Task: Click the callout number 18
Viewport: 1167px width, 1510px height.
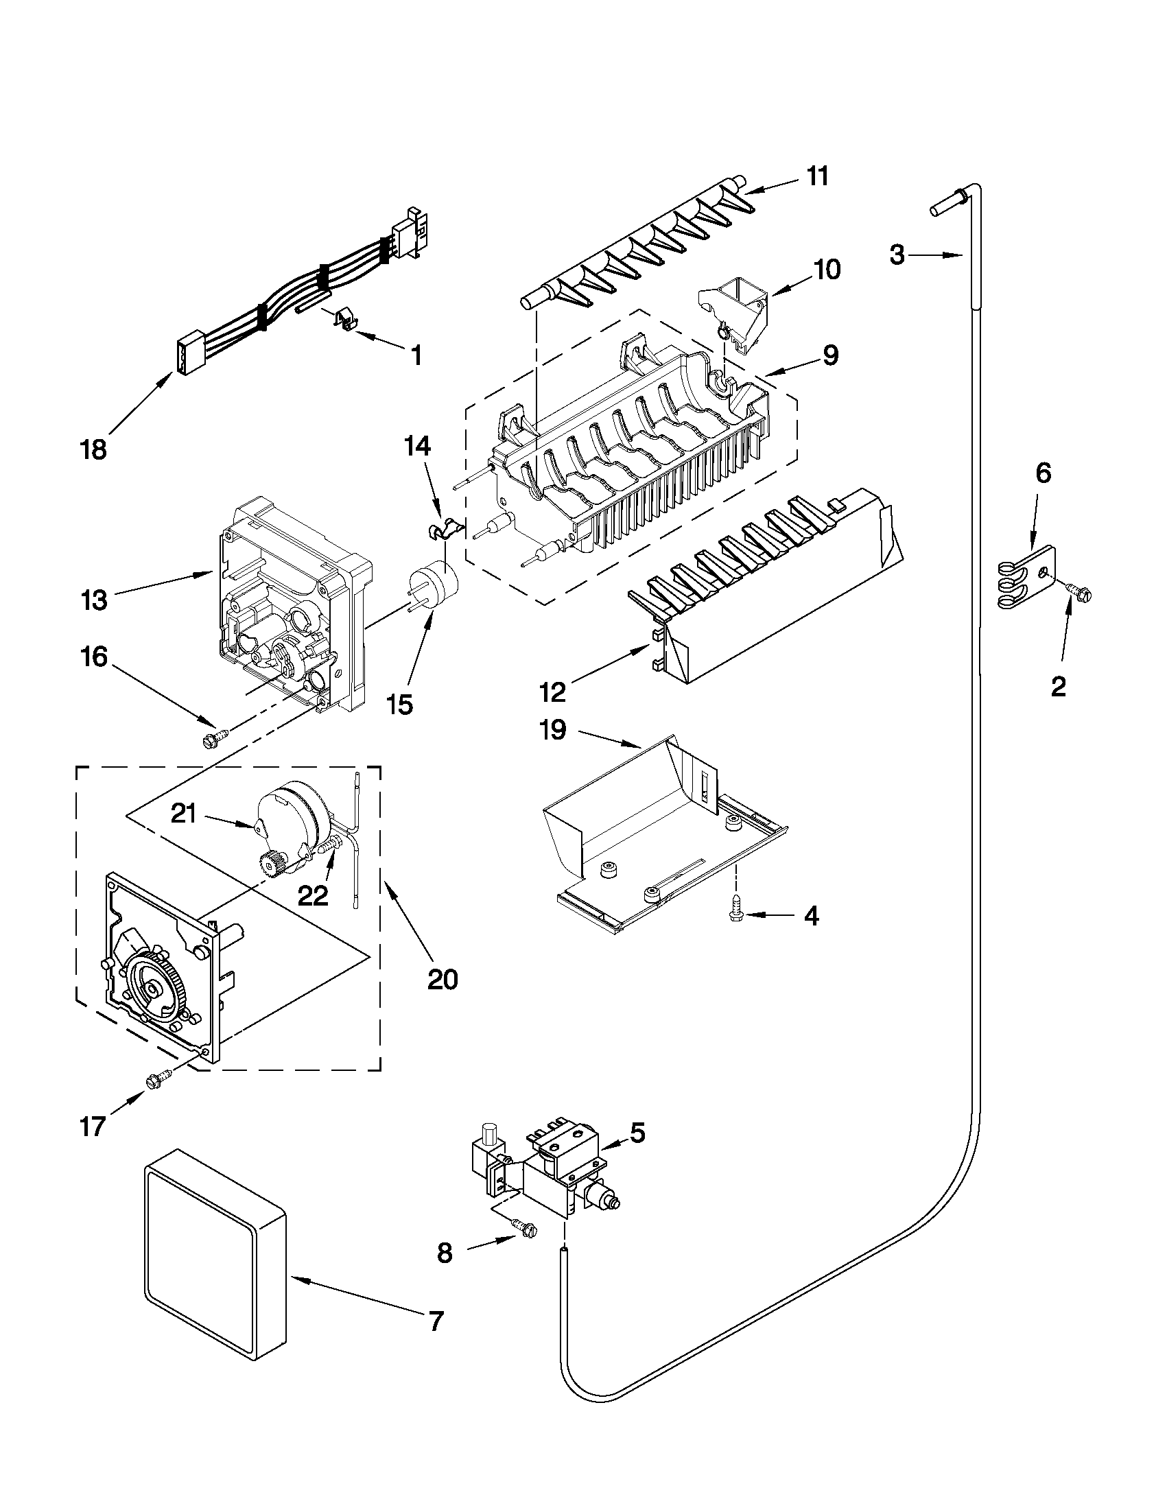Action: (x=93, y=450)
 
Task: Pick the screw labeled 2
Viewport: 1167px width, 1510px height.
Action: (x=1083, y=591)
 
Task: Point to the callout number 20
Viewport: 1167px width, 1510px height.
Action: (x=443, y=979)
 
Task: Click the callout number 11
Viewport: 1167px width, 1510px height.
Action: (x=818, y=176)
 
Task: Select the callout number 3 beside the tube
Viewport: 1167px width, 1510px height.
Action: (x=897, y=255)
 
